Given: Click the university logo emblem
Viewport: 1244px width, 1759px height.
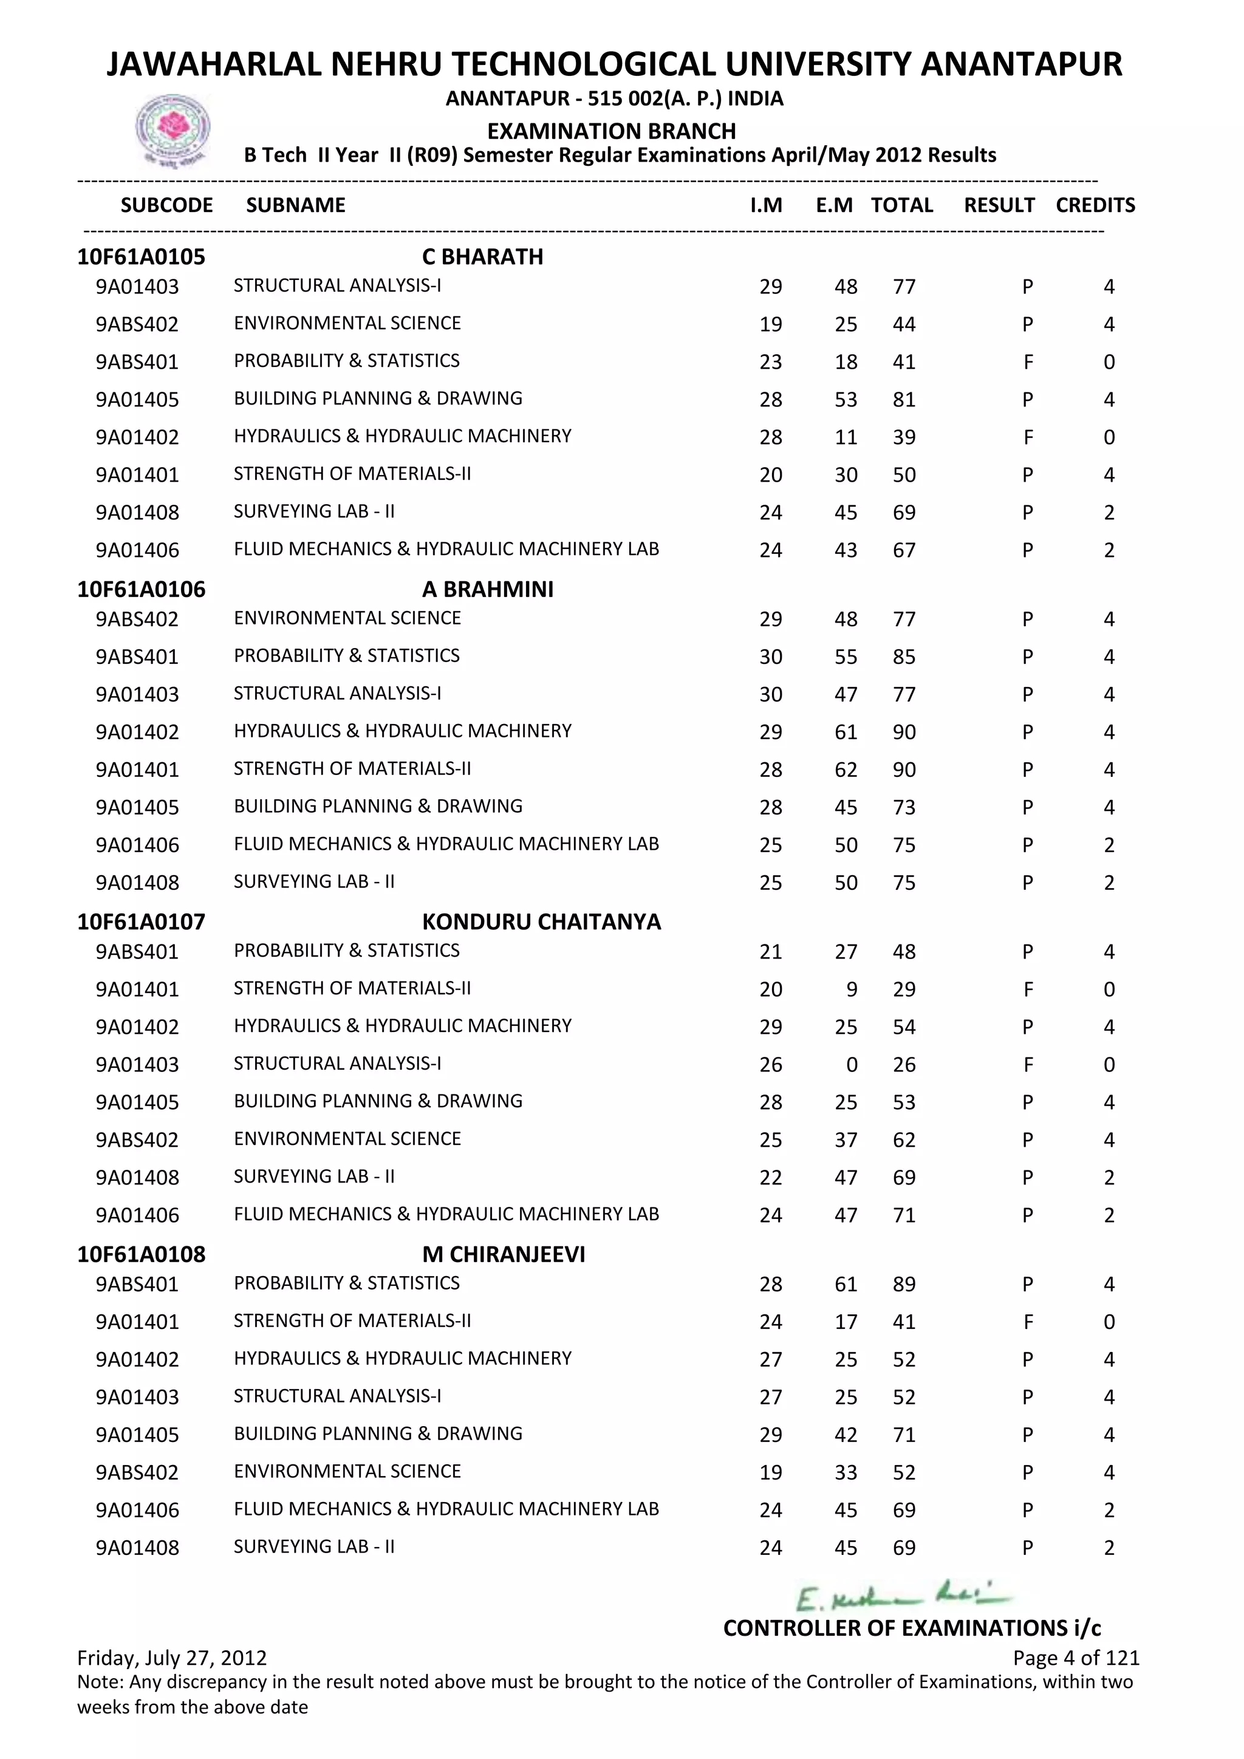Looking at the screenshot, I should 173,129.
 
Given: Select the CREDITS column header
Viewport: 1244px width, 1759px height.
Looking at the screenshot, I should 1095,205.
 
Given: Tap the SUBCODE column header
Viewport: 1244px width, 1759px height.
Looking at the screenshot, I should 166,205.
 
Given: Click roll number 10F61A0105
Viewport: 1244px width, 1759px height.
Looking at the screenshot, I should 141,257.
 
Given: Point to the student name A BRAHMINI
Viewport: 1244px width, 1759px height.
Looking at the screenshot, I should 487,589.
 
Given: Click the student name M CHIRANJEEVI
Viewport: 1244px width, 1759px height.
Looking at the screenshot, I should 504,1254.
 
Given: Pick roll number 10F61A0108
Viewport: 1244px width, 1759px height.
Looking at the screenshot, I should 141,1254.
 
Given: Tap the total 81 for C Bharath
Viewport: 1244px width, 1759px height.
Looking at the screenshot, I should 904,400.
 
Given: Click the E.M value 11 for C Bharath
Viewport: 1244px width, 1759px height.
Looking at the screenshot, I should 846,437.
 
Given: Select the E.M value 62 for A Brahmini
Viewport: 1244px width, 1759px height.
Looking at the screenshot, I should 846,770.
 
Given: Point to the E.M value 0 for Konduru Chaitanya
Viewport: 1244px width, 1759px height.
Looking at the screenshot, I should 852,1065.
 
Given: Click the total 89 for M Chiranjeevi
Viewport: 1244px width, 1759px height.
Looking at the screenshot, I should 904,1284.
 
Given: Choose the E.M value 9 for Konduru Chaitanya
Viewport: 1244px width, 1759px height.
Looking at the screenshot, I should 852,990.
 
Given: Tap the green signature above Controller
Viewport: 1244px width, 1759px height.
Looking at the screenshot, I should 903,1599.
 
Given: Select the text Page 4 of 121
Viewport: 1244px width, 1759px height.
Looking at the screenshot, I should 1076,1658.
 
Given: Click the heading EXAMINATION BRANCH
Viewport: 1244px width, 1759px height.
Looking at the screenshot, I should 611,131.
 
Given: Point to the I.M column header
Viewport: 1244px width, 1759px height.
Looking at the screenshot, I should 766,205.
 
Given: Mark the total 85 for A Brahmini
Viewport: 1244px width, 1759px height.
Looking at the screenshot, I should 904,657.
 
